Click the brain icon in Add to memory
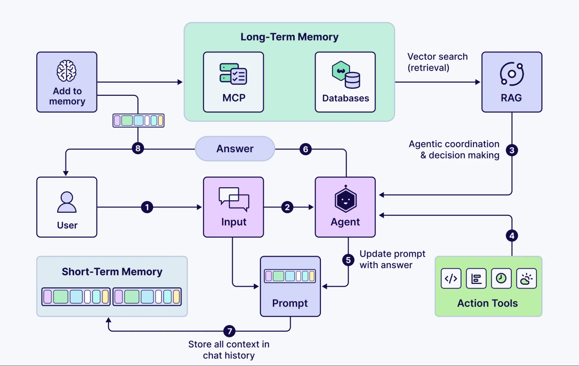click(x=67, y=71)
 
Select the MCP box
click(x=233, y=82)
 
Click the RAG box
click(x=512, y=82)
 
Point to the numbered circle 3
click(x=512, y=150)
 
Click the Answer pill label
click(x=235, y=149)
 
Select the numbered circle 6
click(x=306, y=149)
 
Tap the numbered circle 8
click(x=138, y=148)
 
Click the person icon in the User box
click(x=67, y=202)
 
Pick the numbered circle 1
click(x=147, y=207)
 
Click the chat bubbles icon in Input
click(x=234, y=199)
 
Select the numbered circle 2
click(x=287, y=207)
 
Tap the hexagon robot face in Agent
click(x=346, y=200)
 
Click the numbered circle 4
click(x=512, y=236)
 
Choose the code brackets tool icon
click(x=451, y=278)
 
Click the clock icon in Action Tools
click(x=501, y=278)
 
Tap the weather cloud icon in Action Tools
click(x=526, y=278)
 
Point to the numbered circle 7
click(x=229, y=331)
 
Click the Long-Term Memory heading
click(x=289, y=37)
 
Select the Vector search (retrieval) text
click(x=437, y=62)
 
